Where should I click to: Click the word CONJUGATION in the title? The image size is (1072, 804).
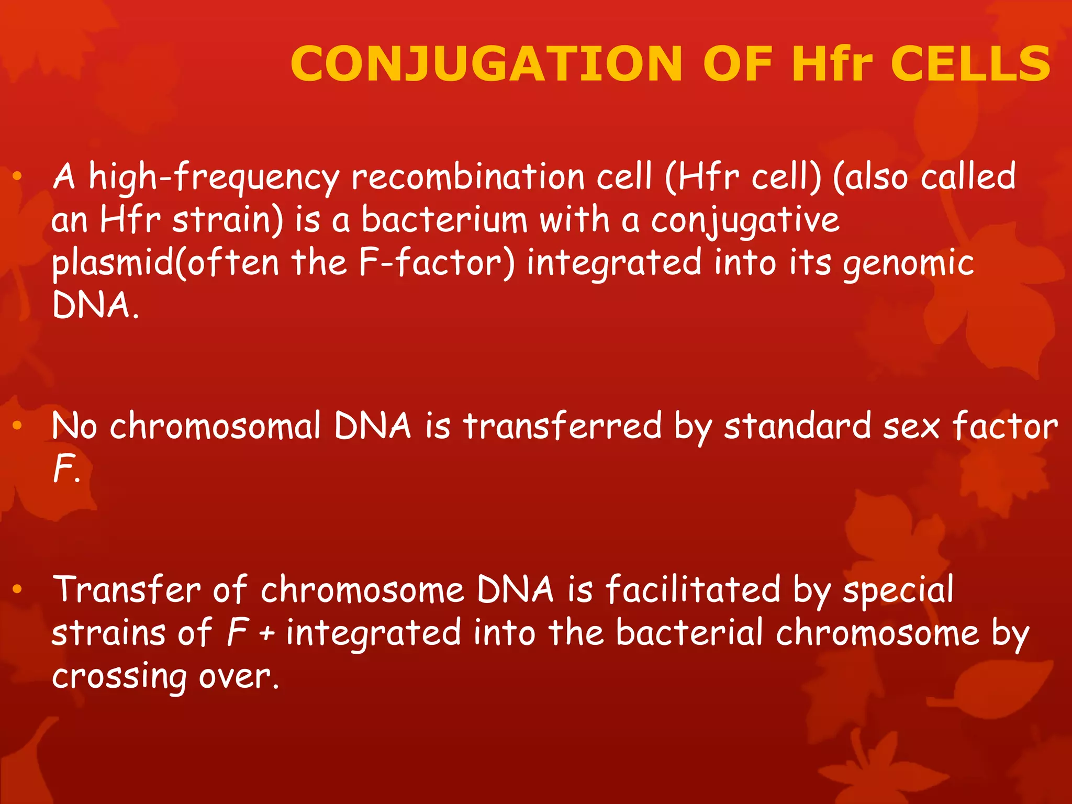click(487, 64)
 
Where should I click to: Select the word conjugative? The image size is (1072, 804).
click(745, 221)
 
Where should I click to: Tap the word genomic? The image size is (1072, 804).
click(908, 264)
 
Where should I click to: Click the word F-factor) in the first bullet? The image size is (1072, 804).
click(437, 263)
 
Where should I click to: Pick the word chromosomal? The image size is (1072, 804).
click(215, 426)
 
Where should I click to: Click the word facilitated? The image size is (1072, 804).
click(693, 589)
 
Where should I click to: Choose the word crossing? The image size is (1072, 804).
click(119, 677)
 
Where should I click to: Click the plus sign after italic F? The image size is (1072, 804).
click(267, 634)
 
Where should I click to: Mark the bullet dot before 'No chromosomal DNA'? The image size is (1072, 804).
click(17, 426)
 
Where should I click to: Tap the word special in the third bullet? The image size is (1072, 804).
click(898, 590)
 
